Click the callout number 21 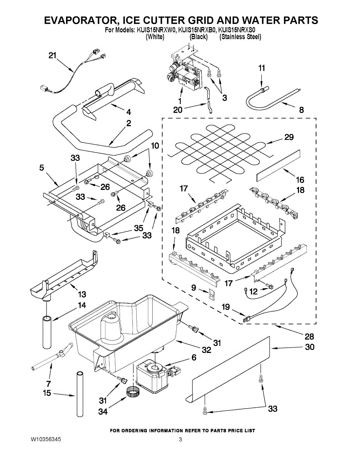(52, 56)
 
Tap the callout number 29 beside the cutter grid (289, 137)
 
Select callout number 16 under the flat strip (300, 180)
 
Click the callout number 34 (103, 411)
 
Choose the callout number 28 (309, 336)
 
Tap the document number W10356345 (46, 440)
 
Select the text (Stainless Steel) (240, 37)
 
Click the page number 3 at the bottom (180, 440)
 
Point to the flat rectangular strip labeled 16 (278, 164)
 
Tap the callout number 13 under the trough (82, 294)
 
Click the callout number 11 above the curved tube (262, 68)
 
